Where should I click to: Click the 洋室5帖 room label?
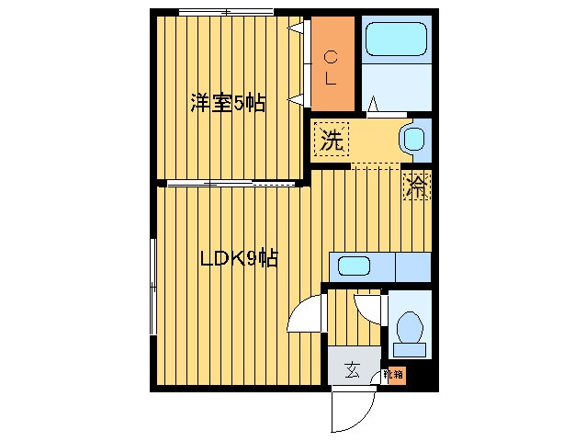click(x=228, y=103)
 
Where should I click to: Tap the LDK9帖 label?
click(x=239, y=259)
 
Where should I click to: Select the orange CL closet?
click(x=332, y=66)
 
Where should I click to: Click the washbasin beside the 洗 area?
click(x=413, y=140)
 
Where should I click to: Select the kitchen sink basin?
click(x=353, y=266)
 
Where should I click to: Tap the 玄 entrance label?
click(x=353, y=371)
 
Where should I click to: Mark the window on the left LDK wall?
click(x=152, y=285)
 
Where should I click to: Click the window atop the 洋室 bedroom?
click(x=226, y=12)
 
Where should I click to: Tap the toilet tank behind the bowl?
click(x=409, y=349)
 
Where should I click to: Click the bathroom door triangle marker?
click(x=377, y=104)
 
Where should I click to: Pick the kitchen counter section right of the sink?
click(x=411, y=266)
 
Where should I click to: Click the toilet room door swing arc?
click(x=368, y=306)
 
